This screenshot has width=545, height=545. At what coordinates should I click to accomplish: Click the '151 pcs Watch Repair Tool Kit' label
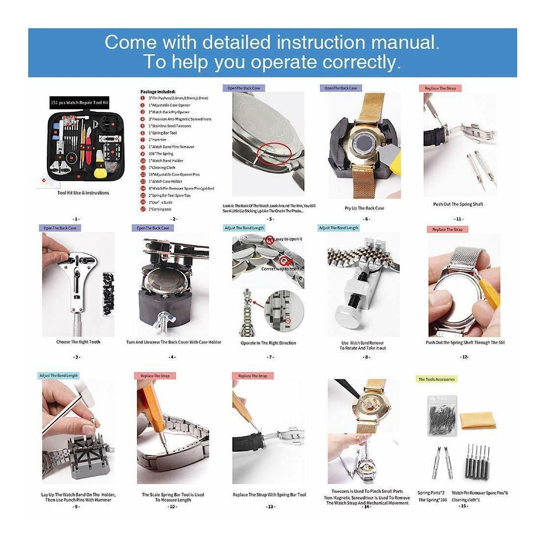(80, 103)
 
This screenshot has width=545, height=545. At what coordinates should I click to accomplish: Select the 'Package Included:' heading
(158, 92)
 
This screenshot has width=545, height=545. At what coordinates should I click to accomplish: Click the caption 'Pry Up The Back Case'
(364, 208)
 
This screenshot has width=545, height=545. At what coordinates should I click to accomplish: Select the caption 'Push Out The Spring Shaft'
(458, 204)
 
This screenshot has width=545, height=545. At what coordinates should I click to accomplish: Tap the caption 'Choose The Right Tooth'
(78, 342)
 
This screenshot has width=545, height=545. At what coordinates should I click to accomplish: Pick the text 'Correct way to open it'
(282, 269)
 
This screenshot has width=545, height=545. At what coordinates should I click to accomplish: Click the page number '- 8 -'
(366, 357)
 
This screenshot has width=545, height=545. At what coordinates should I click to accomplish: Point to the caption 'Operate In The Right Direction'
(268, 343)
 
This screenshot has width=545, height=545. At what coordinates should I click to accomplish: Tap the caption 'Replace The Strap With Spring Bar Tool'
(269, 495)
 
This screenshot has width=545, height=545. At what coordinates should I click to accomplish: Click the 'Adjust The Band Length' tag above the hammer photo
(58, 376)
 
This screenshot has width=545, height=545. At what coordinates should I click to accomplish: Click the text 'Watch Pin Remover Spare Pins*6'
(480, 493)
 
